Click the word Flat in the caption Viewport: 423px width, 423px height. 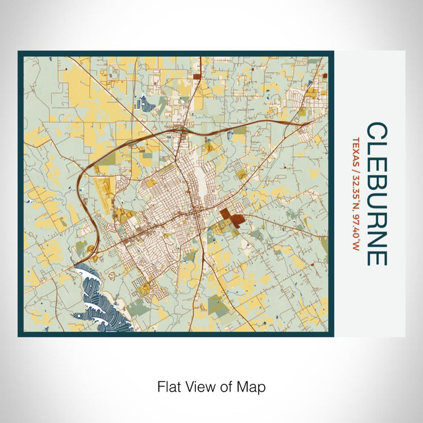pos(169,386)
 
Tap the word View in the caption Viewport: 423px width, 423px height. pos(199,386)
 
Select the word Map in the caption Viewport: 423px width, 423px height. pos(253,386)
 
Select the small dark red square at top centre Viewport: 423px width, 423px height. pos(197,77)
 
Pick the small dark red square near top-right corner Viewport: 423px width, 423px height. pos(325,76)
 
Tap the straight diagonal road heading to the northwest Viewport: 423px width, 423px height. pos(109,91)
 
